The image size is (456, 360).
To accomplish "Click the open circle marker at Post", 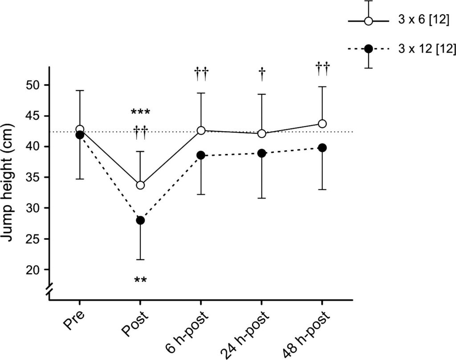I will tap(140, 185).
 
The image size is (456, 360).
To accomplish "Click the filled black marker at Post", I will tap(140, 220).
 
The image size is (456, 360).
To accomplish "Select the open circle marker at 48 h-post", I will tap(322, 124).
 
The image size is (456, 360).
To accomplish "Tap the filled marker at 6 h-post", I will tap(201, 155).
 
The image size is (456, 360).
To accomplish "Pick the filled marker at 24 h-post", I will tap(261, 153).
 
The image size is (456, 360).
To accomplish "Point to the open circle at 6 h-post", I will tap(201, 130).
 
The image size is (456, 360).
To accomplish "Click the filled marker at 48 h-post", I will tap(322, 148).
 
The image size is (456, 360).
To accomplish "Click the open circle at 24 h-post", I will tap(261, 133).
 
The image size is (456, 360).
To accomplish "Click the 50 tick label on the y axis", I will tap(35, 85).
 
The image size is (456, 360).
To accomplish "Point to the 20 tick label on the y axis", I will tap(35, 270).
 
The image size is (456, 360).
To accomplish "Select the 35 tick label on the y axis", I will tap(35, 178).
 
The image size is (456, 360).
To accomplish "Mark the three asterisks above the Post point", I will tap(140, 112).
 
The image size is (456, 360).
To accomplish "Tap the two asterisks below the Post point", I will tap(140, 280).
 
